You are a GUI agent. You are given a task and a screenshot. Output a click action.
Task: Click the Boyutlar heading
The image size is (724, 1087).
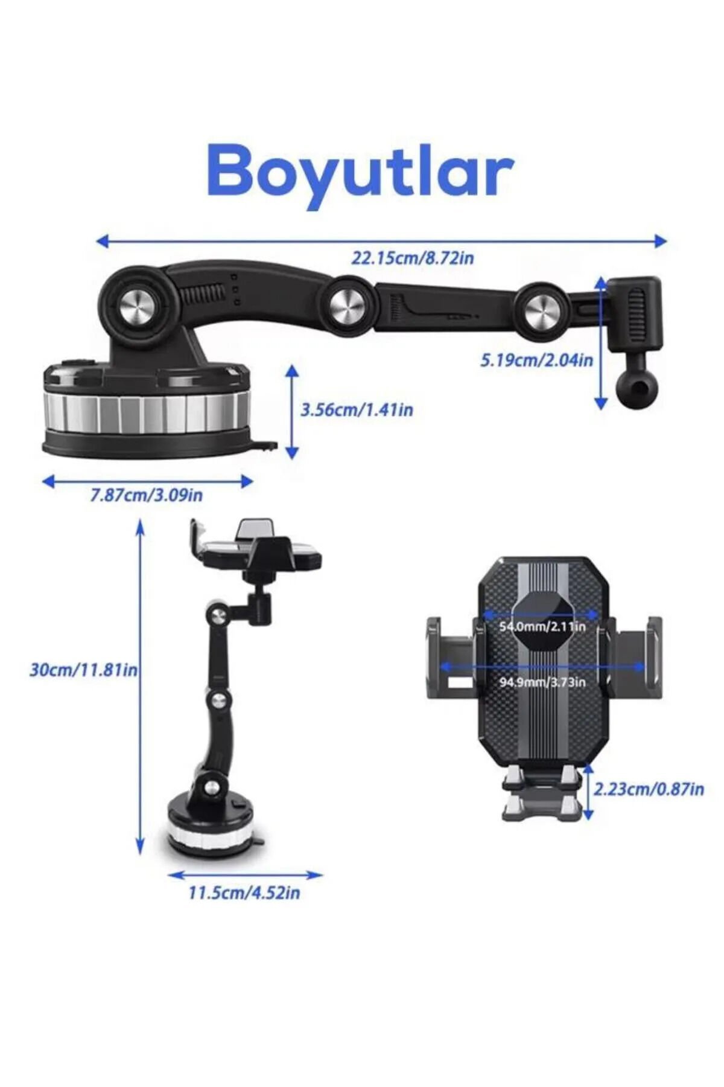[x=360, y=172]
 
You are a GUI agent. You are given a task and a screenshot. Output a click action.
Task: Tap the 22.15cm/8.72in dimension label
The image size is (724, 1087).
[x=413, y=258]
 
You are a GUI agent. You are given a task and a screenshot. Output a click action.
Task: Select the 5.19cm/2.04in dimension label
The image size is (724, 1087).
[x=536, y=361]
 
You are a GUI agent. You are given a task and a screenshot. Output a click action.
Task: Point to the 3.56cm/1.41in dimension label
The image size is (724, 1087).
[x=357, y=410]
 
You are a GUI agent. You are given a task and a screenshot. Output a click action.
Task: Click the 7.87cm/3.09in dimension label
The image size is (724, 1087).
[x=147, y=495]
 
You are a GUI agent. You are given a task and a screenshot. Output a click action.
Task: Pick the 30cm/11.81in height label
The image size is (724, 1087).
[x=84, y=670]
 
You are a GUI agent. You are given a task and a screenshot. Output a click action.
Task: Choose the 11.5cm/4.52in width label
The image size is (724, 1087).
[x=244, y=892]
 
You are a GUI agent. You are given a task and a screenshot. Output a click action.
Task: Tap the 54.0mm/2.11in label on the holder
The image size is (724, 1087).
[x=542, y=626]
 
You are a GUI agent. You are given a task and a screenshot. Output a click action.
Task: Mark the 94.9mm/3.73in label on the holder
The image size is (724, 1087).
[x=542, y=682]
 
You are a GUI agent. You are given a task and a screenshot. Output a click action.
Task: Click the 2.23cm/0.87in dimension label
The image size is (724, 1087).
[x=649, y=789]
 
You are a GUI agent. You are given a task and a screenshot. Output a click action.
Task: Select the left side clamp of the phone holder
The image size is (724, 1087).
[x=453, y=658]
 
